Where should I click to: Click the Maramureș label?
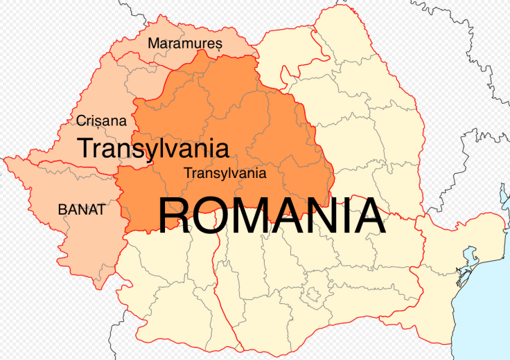184,44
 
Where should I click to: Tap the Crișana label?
101,120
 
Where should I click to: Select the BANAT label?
82,208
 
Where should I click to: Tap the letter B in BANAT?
62,208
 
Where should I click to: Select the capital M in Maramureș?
154,44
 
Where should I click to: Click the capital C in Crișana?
80,120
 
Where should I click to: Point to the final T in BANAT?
103,208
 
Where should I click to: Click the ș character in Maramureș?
218,45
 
